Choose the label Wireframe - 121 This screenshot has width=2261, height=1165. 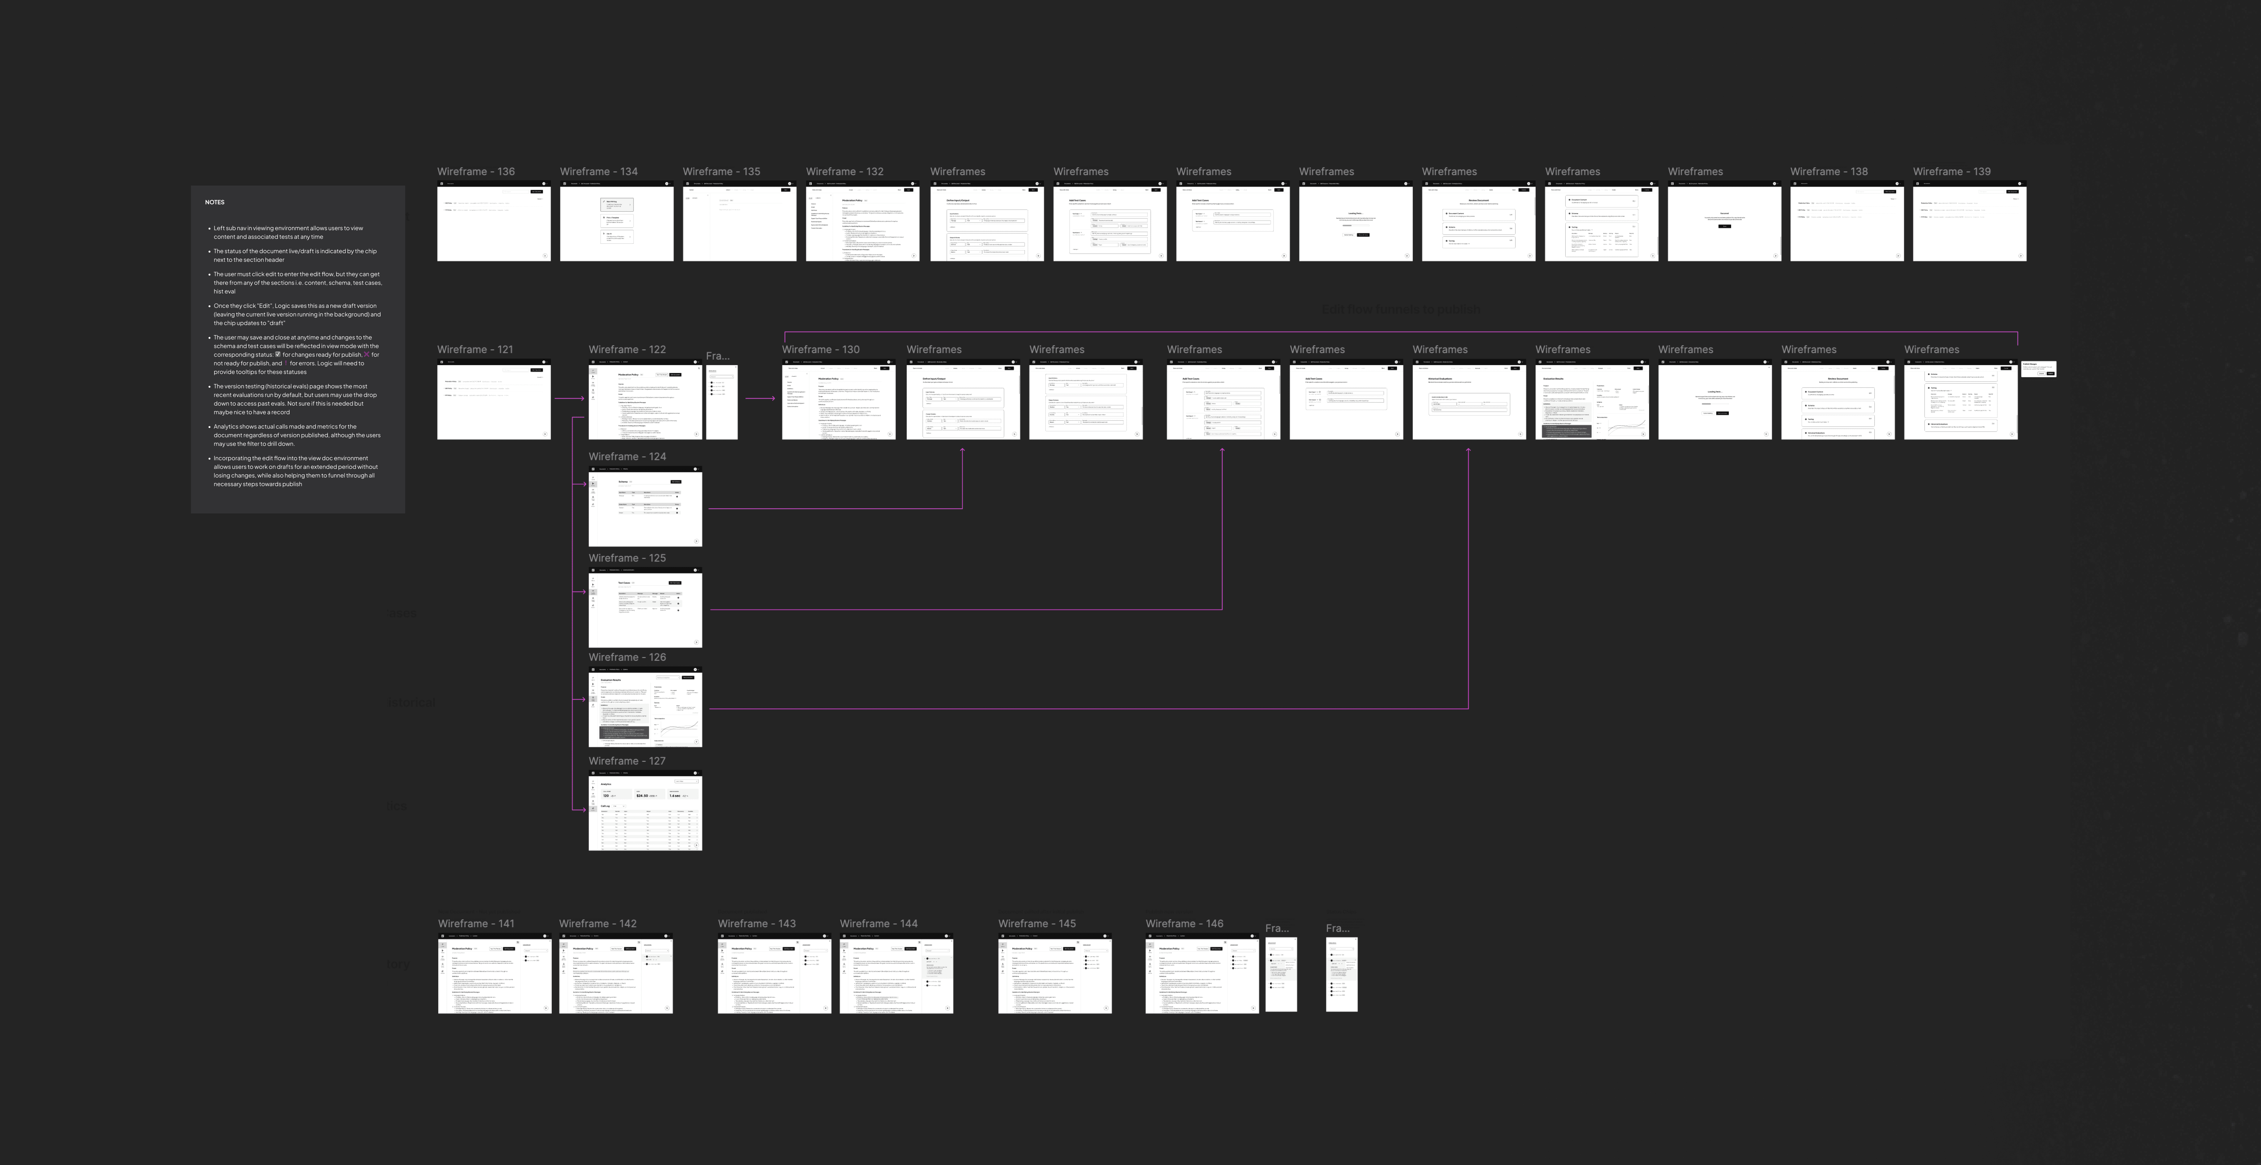pyautogui.click(x=475, y=349)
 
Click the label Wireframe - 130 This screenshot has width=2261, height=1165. pyautogui.click(x=821, y=349)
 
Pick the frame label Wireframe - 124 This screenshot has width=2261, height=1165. pyautogui.click(x=627, y=457)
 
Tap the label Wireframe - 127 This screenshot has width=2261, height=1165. pyautogui.click(x=627, y=761)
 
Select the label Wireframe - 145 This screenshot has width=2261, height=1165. pyautogui.click(x=1037, y=924)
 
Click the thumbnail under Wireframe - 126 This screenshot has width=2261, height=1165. pyautogui.click(x=645, y=708)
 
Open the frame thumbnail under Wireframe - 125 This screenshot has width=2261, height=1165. pyautogui.click(x=645, y=608)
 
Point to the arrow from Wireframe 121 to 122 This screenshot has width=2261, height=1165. pyautogui.click(x=569, y=399)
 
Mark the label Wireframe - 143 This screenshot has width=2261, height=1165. pyautogui.click(x=757, y=924)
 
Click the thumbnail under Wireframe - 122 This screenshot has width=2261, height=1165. pyautogui.click(x=645, y=400)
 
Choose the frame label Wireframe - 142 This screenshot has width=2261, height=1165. pyautogui.click(x=598, y=924)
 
